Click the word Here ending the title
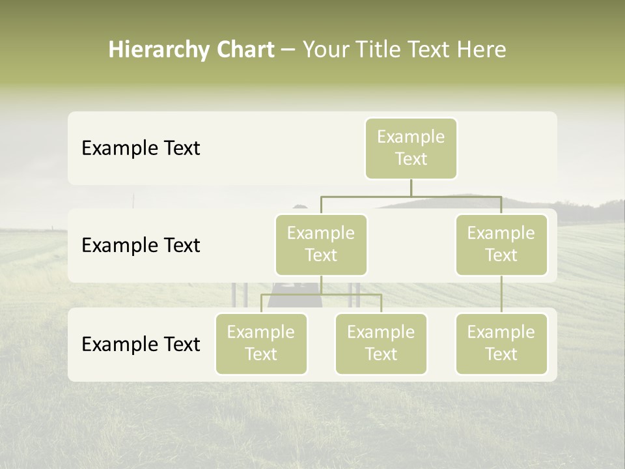tap(481, 50)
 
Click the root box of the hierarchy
tap(411, 148)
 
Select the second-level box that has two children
tap(321, 244)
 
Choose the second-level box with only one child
tap(501, 244)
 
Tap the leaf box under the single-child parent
tap(501, 343)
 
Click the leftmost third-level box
tap(261, 343)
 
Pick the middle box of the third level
tap(381, 343)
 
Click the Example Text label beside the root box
tap(141, 149)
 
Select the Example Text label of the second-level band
tap(141, 246)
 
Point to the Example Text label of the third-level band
tap(141, 345)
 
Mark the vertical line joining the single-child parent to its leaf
tap(501, 294)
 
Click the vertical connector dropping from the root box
tap(411, 188)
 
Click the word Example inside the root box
tap(411, 137)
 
